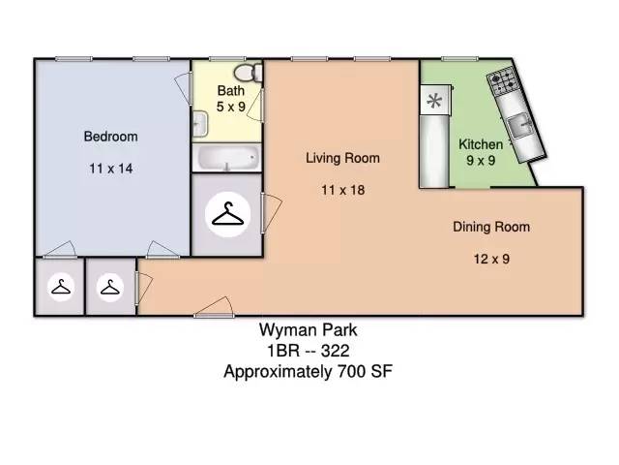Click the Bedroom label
tap(110, 137)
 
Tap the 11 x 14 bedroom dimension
tap(110, 169)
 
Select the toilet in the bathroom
tap(248, 73)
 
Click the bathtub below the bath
tap(227, 158)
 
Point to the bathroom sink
tap(200, 124)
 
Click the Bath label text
tap(231, 90)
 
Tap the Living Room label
tap(342, 158)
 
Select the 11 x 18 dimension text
tap(342, 190)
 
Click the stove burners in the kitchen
tap(502, 81)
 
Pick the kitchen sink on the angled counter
tap(520, 125)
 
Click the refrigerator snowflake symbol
tap(434, 101)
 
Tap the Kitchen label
tap(481, 144)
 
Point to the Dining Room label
tap(491, 227)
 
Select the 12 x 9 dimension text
tap(491, 259)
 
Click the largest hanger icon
tap(228, 215)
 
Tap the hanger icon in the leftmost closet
tap(61, 287)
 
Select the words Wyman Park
tap(308, 330)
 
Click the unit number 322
tap(336, 351)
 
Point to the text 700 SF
tap(365, 371)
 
